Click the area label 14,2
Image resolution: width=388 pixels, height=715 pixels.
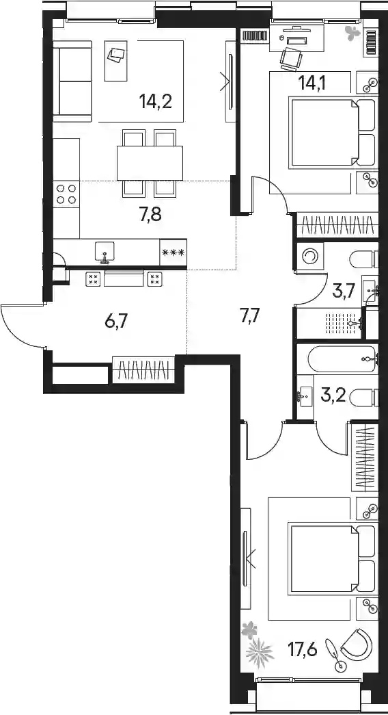pyautogui.click(x=156, y=101)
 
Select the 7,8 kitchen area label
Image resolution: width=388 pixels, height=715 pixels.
pyautogui.click(x=151, y=213)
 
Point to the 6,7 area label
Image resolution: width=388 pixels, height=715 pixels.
pyautogui.click(x=115, y=322)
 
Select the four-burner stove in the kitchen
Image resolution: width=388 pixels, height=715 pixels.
pyautogui.click(x=66, y=194)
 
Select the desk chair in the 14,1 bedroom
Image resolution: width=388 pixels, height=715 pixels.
pyautogui.click(x=291, y=58)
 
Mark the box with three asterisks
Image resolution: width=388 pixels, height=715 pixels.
pyautogui.click(x=173, y=252)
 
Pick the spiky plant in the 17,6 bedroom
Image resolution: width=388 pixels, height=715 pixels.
pyautogui.click(x=260, y=653)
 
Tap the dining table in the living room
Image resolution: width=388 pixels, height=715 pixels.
pyautogui.click(x=150, y=163)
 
